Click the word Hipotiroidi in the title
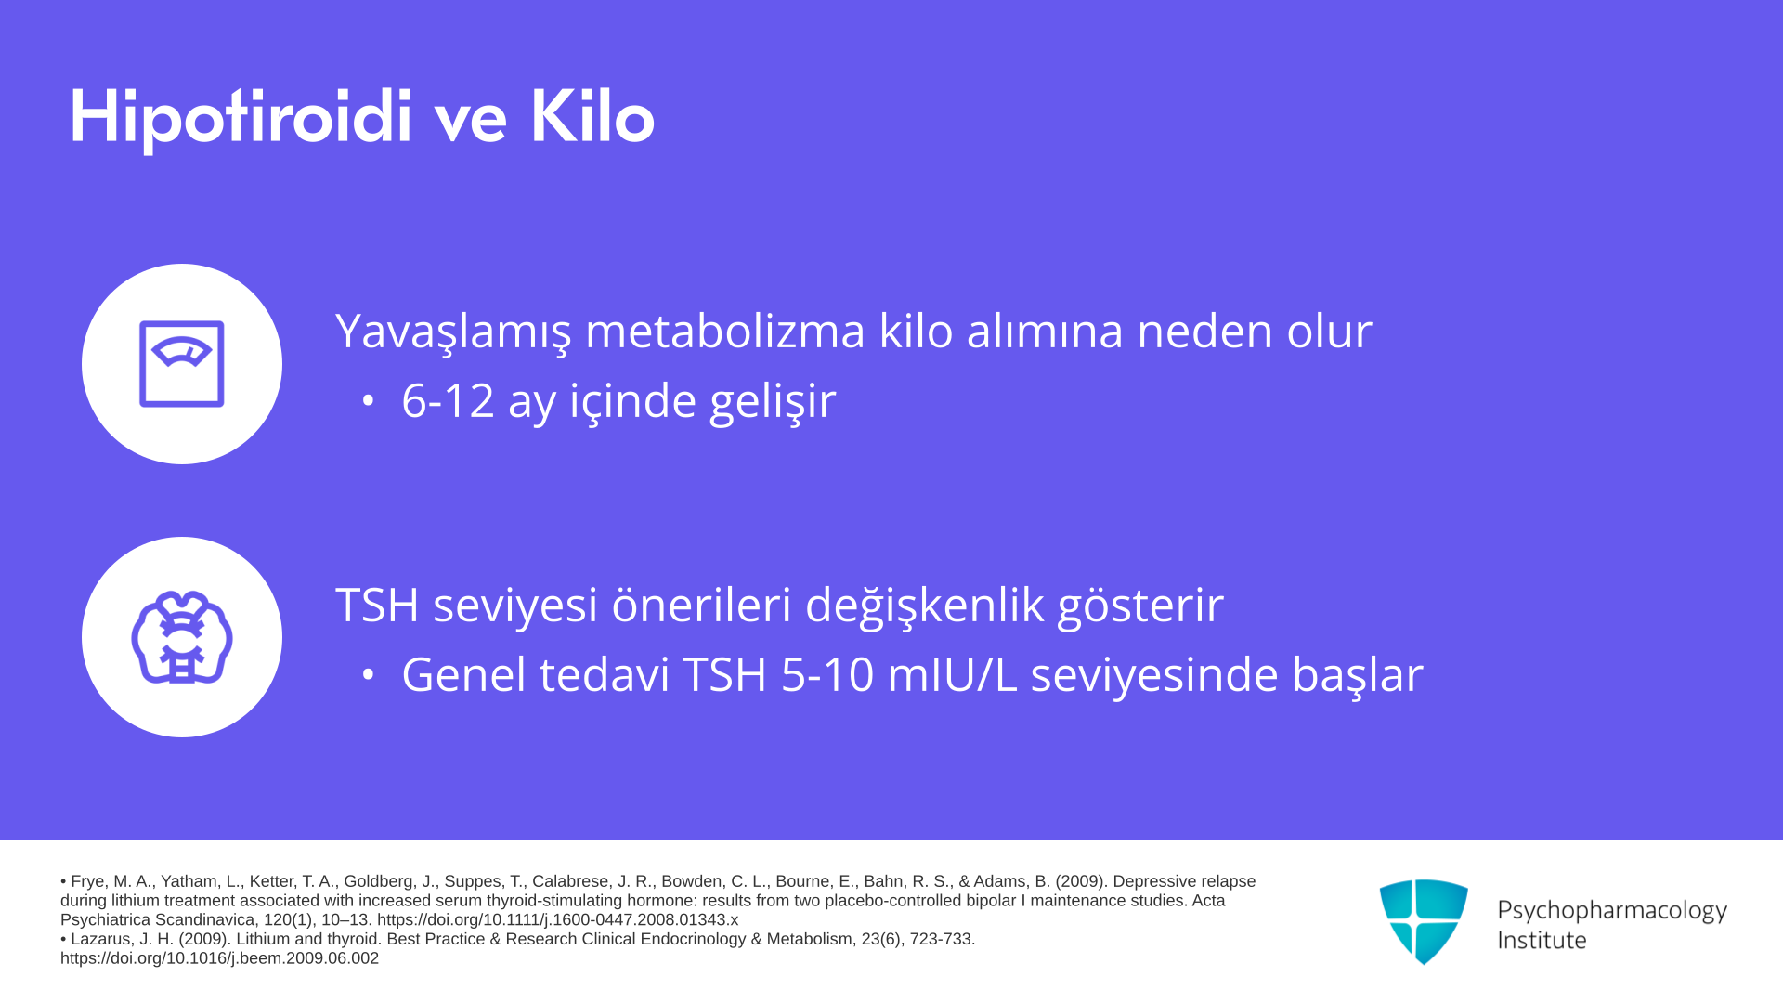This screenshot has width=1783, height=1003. coord(241,118)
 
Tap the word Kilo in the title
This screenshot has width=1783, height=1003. coord(592,116)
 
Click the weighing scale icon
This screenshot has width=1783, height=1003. coord(182,364)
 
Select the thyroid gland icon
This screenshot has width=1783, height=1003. coord(182,637)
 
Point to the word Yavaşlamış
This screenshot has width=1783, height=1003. coord(453,332)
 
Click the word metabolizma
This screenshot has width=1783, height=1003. coord(725,331)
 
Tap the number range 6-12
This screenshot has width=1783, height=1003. coord(448,401)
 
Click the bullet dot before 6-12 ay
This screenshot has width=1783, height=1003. coord(369,400)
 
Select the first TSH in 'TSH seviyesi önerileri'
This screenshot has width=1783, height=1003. coord(377,605)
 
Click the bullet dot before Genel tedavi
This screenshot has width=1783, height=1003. coord(369,674)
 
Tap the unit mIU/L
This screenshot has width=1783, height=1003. coord(952,674)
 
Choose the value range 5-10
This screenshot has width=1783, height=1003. coord(827,675)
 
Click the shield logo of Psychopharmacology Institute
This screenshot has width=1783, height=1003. coord(1424,921)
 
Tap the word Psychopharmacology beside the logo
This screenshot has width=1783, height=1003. coord(1612,911)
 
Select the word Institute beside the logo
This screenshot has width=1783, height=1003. coord(1542,940)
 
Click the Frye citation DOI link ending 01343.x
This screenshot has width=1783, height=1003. coord(557,919)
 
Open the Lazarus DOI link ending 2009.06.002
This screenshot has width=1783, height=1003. coord(219,958)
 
